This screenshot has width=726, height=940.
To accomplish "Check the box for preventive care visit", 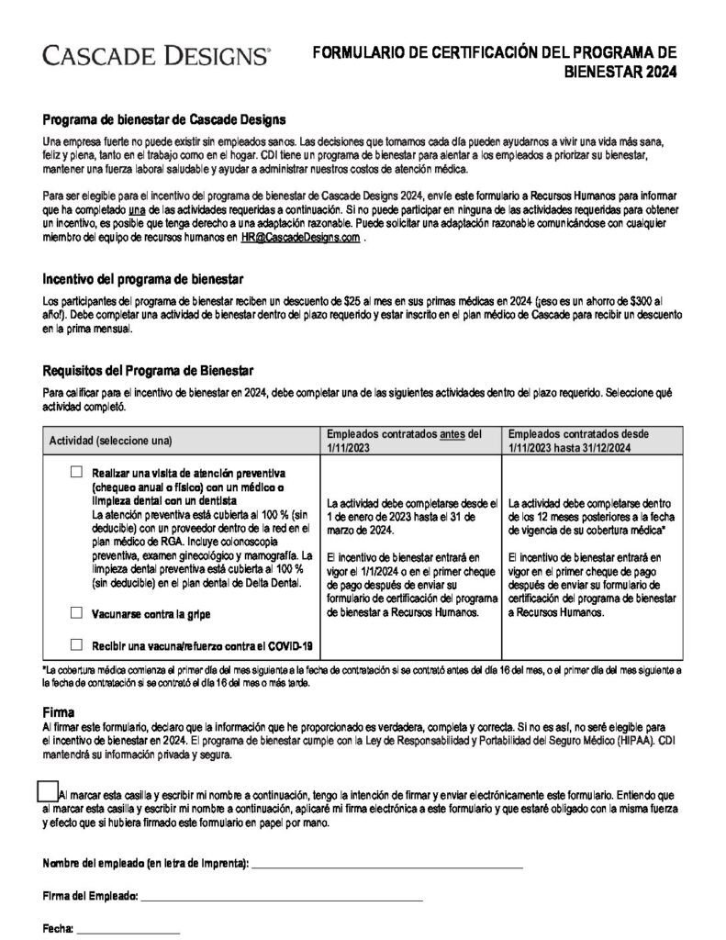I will (76, 472).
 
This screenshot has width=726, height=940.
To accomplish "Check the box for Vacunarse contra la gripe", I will (76, 612).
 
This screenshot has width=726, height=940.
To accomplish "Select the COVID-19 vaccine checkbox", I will (76, 644).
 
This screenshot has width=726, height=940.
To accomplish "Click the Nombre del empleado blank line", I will (386, 865).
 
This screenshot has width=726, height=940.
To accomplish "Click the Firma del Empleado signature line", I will (281, 897).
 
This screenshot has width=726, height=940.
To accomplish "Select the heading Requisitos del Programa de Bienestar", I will (148, 371).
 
